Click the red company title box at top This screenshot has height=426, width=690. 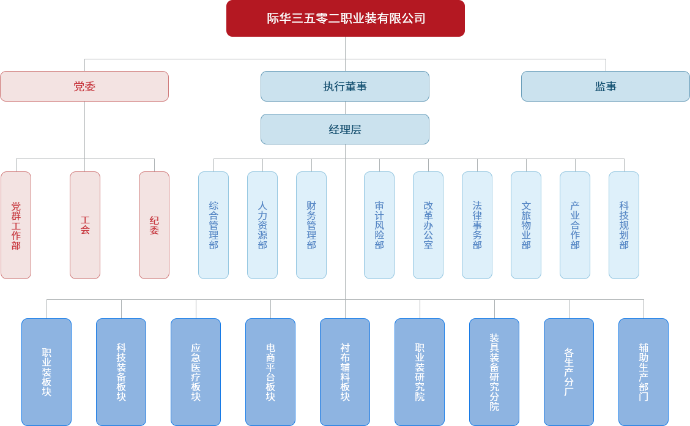(x=345, y=18)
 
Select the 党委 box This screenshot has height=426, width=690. (x=84, y=86)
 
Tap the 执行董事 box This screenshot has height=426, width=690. (x=345, y=86)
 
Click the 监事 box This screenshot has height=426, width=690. (x=605, y=86)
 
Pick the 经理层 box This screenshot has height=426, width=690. (x=345, y=129)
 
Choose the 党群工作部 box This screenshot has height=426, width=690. (x=16, y=225)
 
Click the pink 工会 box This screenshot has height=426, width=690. (x=85, y=225)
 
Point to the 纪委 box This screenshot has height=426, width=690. (x=154, y=225)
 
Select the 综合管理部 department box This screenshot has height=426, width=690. (x=213, y=225)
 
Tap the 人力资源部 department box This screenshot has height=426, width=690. (x=262, y=225)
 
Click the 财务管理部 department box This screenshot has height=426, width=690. (x=311, y=225)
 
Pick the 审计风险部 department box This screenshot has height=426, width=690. (x=379, y=225)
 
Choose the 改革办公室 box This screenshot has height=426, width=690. (x=428, y=225)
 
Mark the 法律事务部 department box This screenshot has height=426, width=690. (x=477, y=225)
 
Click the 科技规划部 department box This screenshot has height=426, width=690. (x=624, y=225)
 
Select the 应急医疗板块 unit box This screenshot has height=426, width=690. (x=196, y=372)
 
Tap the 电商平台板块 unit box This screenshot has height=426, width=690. (x=270, y=372)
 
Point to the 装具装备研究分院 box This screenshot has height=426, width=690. (x=494, y=372)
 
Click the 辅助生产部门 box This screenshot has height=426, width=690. (x=644, y=372)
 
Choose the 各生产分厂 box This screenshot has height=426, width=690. (x=569, y=372)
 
